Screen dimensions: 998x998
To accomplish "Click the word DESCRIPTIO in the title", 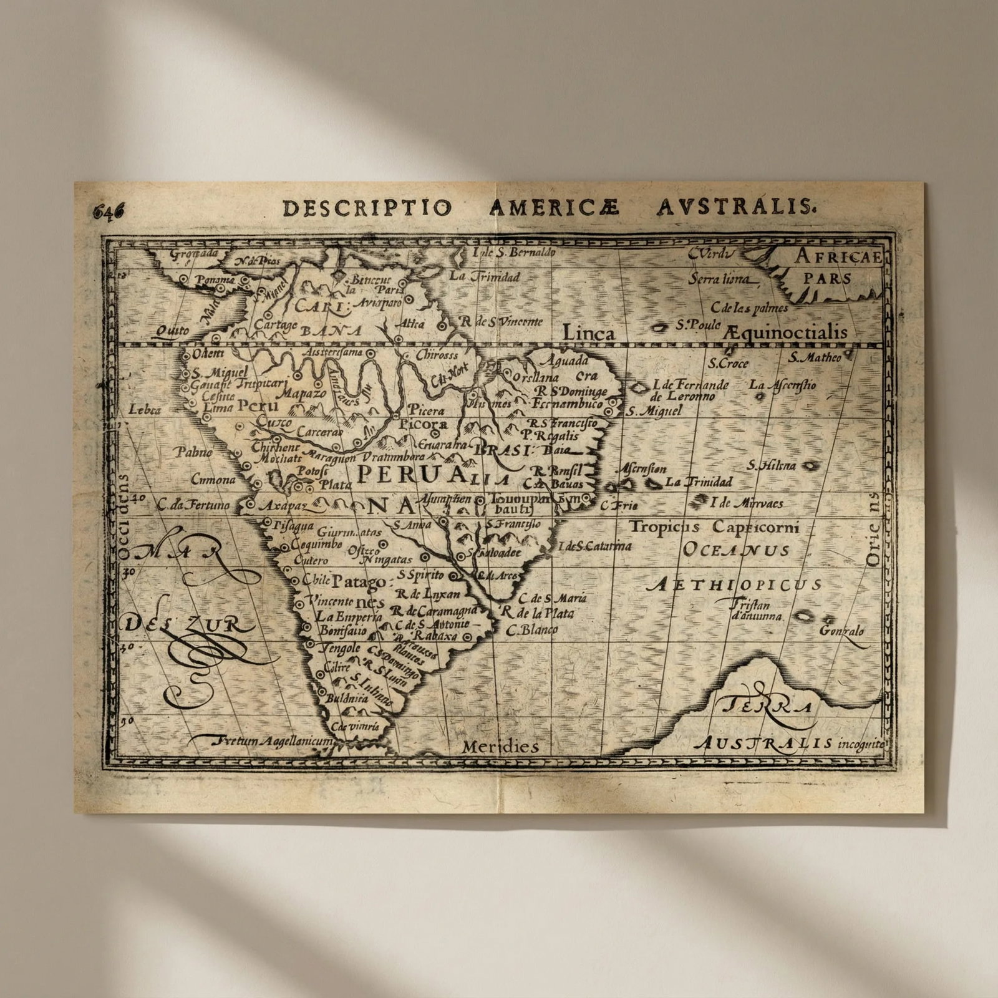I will (x=365, y=208).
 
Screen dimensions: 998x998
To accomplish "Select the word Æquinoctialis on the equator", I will (x=787, y=332).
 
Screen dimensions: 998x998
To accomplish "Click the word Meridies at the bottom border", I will (x=500, y=747).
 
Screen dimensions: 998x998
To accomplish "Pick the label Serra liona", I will (x=719, y=279).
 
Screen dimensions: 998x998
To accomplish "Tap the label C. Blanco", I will (x=531, y=630).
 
